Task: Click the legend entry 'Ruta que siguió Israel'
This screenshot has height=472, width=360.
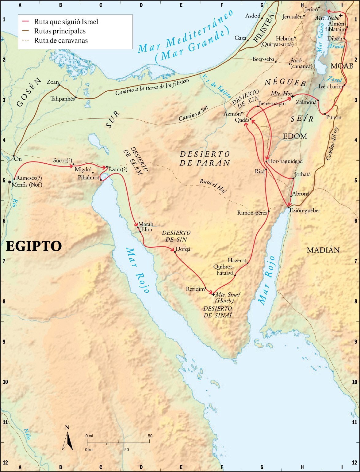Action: tap(66, 22)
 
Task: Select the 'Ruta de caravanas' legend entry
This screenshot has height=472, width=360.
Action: tap(61, 40)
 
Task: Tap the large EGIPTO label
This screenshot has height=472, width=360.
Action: tap(34, 246)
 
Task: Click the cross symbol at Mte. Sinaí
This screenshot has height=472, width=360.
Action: tap(213, 294)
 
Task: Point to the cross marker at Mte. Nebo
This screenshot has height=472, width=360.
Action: tap(341, 15)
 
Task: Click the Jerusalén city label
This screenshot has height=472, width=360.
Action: tap(292, 17)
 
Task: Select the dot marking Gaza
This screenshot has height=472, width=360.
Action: tap(247, 40)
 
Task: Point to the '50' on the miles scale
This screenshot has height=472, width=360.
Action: tap(150, 436)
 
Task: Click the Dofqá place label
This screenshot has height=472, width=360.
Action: tap(183, 249)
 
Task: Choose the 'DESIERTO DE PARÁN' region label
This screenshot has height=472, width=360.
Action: tap(205, 158)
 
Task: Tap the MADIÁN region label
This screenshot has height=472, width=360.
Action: tap(323, 250)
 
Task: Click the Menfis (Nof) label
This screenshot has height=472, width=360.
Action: tap(27, 185)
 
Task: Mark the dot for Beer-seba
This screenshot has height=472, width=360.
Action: tap(276, 62)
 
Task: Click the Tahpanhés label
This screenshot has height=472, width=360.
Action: tap(63, 99)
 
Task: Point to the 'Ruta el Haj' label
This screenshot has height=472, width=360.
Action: tap(213, 185)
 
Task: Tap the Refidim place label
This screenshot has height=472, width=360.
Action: tap(195, 289)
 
